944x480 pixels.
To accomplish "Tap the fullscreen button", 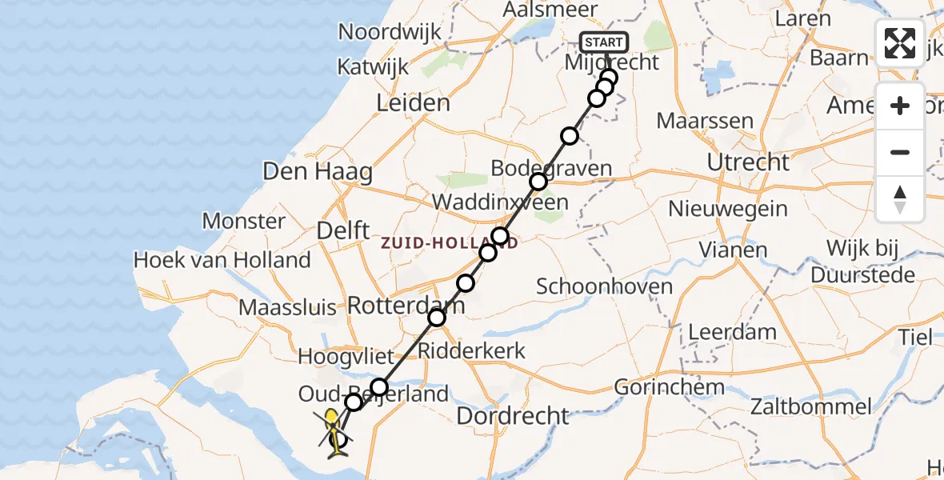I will click(900, 43).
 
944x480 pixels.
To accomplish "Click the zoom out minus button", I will click(900, 152).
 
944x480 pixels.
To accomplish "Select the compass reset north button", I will click(900, 199).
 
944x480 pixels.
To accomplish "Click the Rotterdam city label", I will click(406, 304).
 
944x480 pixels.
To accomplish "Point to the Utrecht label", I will click(749, 162).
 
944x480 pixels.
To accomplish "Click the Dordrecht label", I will click(513, 416).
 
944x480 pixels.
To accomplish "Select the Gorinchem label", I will click(669, 388).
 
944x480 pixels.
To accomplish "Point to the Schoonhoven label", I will click(605, 286).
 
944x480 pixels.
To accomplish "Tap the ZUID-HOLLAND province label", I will click(450, 242).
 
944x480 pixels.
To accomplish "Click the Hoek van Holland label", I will click(222, 260).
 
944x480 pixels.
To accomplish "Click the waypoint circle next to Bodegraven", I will click(538, 182).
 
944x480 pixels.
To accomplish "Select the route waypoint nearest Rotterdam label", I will click(437, 318).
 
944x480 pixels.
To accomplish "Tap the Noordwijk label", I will click(390, 32).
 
